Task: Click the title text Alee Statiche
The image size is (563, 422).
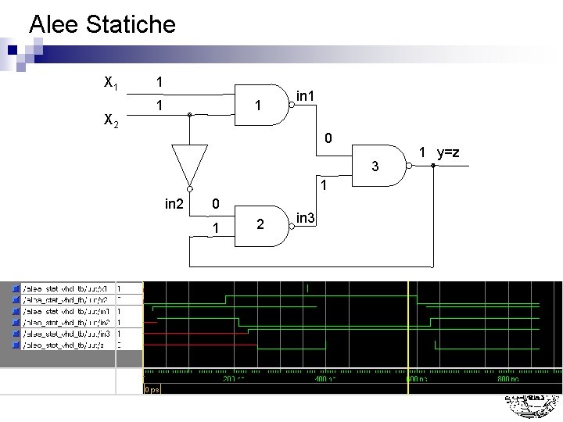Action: point(102,24)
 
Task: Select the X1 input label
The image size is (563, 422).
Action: point(111,81)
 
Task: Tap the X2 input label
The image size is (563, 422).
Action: point(111,120)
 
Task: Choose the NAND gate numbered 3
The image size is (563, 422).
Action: point(380,166)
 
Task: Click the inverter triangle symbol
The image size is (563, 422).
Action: point(189,165)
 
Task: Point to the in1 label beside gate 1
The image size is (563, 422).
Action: point(306,96)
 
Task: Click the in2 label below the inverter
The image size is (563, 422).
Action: point(174,205)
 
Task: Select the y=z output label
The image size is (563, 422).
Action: point(448,152)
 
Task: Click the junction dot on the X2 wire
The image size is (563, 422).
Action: point(189,115)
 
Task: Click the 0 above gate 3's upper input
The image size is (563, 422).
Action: point(328,139)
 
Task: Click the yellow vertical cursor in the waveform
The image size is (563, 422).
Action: point(408,328)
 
